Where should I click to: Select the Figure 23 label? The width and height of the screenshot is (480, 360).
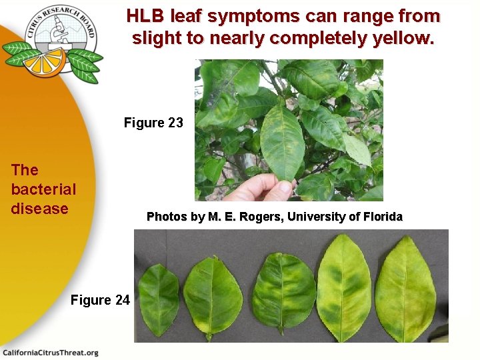[153, 123]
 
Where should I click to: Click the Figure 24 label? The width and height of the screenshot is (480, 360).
[100, 300]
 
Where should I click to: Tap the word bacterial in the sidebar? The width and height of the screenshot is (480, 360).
[43, 189]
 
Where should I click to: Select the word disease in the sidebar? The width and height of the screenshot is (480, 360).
[39, 209]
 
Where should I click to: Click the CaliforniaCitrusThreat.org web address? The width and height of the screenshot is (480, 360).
[51, 353]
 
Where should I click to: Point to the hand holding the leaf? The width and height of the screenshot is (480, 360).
[261, 187]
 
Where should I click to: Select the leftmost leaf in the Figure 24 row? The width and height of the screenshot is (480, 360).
[159, 299]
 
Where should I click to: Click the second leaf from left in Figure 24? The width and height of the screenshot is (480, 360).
[213, 297]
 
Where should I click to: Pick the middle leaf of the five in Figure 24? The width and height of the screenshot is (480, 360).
[284, 294]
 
